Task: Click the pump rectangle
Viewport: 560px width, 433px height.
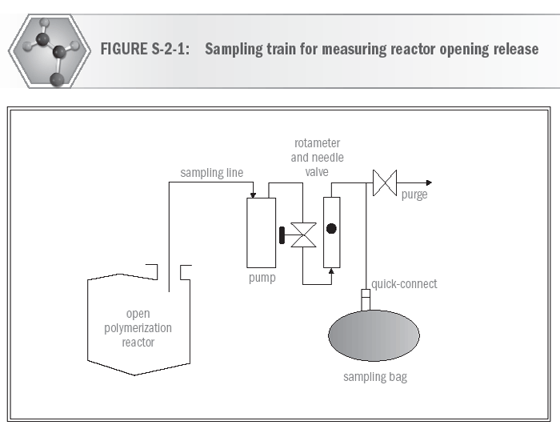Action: coord(260,232)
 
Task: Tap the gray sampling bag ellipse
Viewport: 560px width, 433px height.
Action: coord(374,335)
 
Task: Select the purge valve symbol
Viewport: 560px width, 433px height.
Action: coord(386,182)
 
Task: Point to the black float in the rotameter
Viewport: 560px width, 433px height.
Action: coord(331,229)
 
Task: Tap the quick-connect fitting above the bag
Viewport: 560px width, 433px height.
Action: coord(366,301)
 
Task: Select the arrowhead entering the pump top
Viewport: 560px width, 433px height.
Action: coord(254,194)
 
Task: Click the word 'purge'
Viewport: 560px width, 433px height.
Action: coord(414,194)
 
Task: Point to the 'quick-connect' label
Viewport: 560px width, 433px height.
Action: coord(404,284)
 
